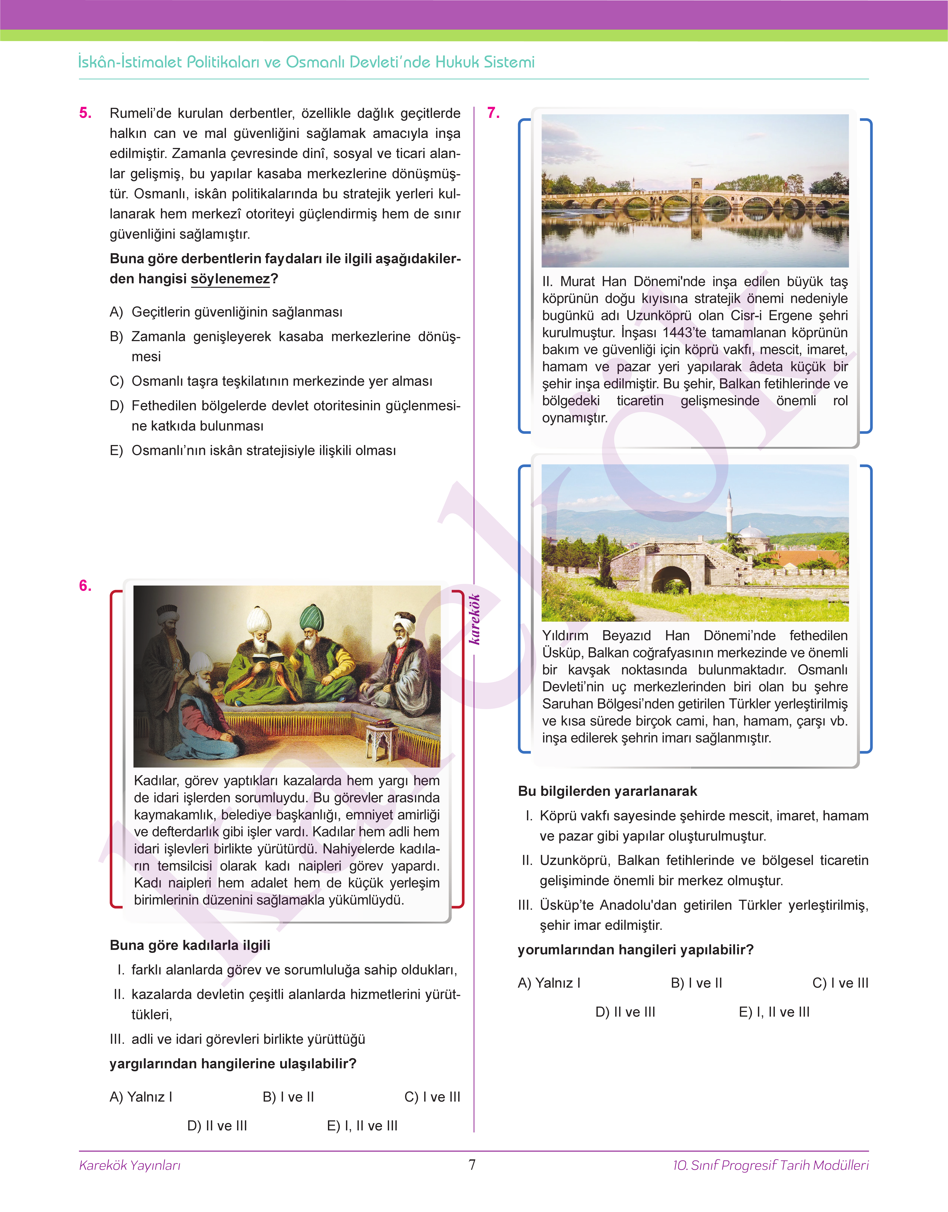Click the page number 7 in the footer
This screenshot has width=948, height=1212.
click(472, 1165)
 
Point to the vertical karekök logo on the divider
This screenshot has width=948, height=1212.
click(475, 619)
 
